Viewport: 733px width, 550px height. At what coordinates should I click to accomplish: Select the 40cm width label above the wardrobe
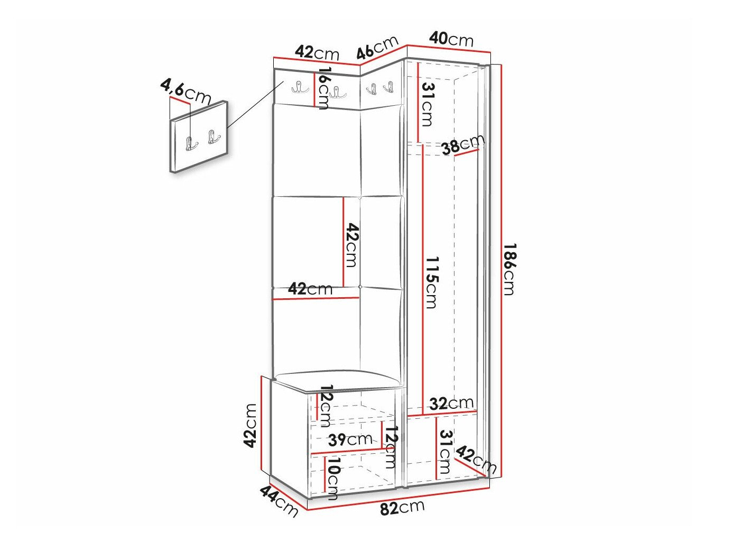(x=451, y=40)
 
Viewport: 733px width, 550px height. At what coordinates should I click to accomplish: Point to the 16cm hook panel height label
(x=323, y=88)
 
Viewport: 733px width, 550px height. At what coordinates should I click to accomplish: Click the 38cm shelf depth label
(x=462, y=144)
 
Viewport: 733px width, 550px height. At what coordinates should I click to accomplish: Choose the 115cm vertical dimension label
(x=431, y=282)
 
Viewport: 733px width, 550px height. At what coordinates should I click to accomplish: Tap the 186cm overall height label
(x=509, y=269)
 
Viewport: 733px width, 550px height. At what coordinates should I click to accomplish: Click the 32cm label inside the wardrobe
(x=451, y=404)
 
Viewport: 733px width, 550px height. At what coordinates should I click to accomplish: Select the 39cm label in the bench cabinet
(x=350, y=439)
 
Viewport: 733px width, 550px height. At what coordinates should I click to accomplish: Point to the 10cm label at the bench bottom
(x=333, y=478)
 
